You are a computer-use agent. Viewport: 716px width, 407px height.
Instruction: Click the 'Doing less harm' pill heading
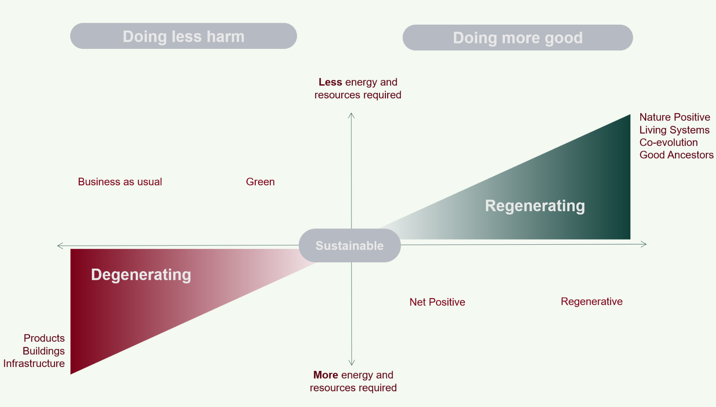tap(183, 36)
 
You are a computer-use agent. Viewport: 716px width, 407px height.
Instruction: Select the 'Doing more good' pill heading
tap(518, 38)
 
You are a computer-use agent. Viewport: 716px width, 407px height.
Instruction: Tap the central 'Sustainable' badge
tap(349, 245)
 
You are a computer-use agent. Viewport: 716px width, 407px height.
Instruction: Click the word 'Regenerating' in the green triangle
tap(535, 206)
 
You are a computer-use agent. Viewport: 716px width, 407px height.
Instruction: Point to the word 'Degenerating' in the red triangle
tap(141, 275)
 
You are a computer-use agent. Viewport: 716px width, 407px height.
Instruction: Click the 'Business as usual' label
tap(120, 182)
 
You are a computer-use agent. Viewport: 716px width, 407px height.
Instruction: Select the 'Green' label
tap(260, 182)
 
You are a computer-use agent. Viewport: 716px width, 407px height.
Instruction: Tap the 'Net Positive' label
tap(437, 302)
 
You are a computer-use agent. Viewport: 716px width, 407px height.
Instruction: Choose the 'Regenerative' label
tap(591, 301)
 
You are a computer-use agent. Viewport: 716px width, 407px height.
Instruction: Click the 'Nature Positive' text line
tap(675, 117)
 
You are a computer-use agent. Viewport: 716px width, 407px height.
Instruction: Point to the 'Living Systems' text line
tap(674, 130)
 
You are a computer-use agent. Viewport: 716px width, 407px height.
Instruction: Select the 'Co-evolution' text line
tap(668, 143)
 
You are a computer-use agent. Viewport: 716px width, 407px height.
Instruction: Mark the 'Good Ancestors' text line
tap(676, 155)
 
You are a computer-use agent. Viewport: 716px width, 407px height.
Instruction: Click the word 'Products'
tap(44, 338)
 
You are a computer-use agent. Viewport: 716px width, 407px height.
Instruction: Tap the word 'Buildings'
tap(44, 351)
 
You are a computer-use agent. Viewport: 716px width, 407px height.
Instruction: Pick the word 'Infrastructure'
tap(34, 363)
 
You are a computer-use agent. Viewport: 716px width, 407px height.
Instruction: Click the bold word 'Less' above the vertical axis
tap(330, 82)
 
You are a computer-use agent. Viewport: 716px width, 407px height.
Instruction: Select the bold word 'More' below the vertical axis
tap(326, 375)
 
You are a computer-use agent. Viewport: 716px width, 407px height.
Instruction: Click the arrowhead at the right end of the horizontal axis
tap(644, 244)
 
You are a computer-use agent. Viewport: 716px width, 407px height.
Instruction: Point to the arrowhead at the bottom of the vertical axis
tap(351, 363)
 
